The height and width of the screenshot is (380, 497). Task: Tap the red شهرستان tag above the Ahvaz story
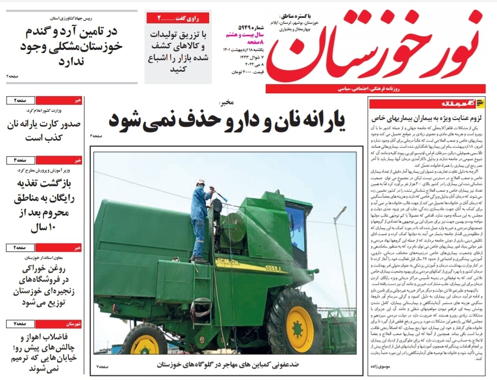click(x=71, y=324)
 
